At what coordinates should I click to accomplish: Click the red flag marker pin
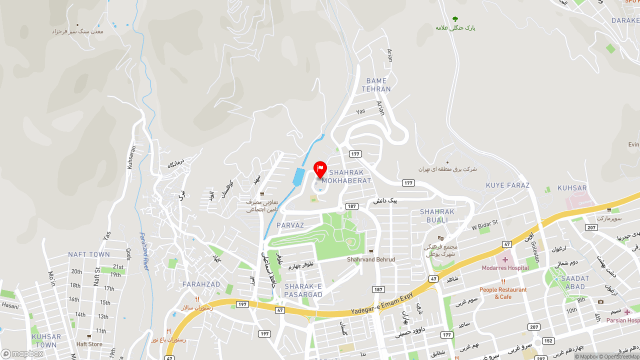coord(320,169)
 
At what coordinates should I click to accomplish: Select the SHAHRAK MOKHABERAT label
coord(346,176)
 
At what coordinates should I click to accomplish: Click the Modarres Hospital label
coord(505,268)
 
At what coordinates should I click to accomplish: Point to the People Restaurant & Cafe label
coord(503,293)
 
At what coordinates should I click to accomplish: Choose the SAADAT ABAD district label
coord(575,282)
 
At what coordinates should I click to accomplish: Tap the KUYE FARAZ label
coord(507,185)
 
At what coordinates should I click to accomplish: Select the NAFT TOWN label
coord(89,254)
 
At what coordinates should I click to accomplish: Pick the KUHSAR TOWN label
coord(46,341)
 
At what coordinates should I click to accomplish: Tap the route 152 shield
coord(548,341)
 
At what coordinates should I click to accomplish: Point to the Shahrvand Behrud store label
coord(371,259)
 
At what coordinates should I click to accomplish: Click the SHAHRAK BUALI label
coord(437,215)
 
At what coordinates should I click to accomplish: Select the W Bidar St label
coord(485,224)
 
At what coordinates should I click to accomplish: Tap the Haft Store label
coord(89,344)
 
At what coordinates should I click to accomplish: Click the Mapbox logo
coord(22,354)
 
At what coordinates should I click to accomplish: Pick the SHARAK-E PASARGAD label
coord(303,290)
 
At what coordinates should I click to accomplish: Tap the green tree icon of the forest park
coord(455,19)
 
